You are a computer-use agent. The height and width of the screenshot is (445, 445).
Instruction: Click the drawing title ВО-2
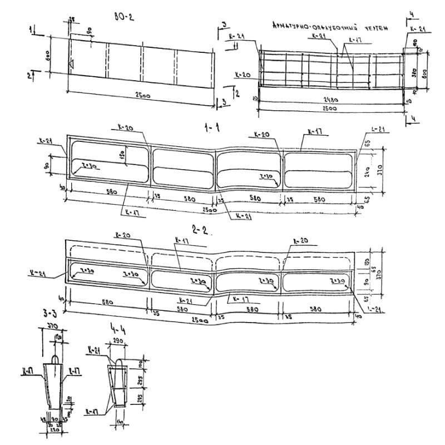(x=121, y=17)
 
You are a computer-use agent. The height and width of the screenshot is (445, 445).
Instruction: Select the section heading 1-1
(x=211, y=128)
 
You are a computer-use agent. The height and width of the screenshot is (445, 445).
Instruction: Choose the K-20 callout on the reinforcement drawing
(x=243, y=74)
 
